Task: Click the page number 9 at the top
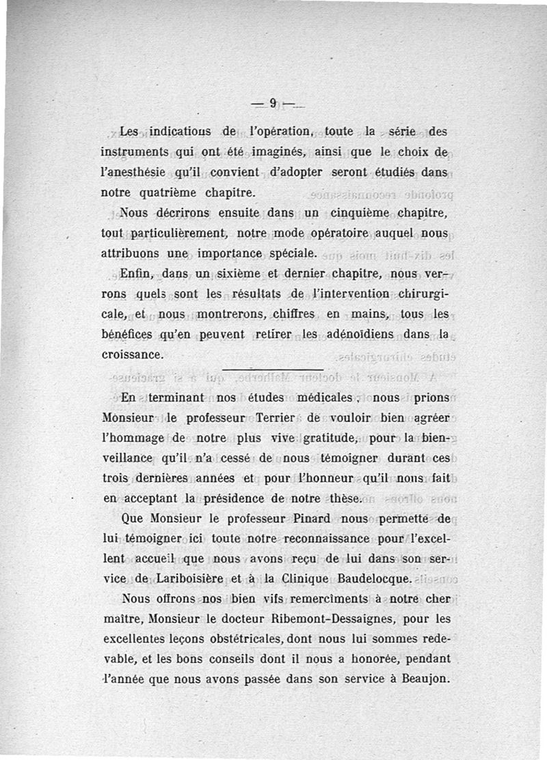[x=272, y=104]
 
